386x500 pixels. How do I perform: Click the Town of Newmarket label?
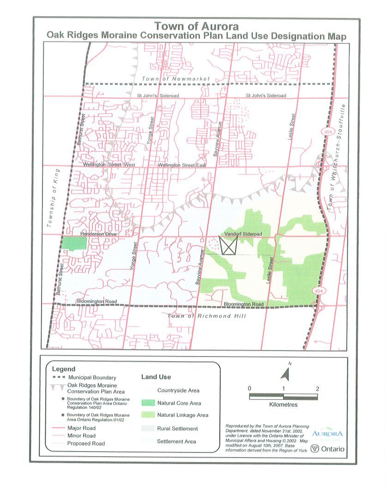pyautogui.click(x=176, y=79)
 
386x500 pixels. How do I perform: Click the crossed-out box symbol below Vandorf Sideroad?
pyautogui.click(x=228, y=246)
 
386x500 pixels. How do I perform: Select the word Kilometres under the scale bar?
pyautogui.click(x=283, y=405)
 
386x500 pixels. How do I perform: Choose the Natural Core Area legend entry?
pyautogui.click(x=178, y=403)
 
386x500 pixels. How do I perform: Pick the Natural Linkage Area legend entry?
pyautogui.click(x=182, y=415)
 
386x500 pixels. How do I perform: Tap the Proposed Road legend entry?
pyautogui.click(x=86, y=443)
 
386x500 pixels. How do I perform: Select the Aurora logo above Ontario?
pyautogui.click(x=328, y=434)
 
